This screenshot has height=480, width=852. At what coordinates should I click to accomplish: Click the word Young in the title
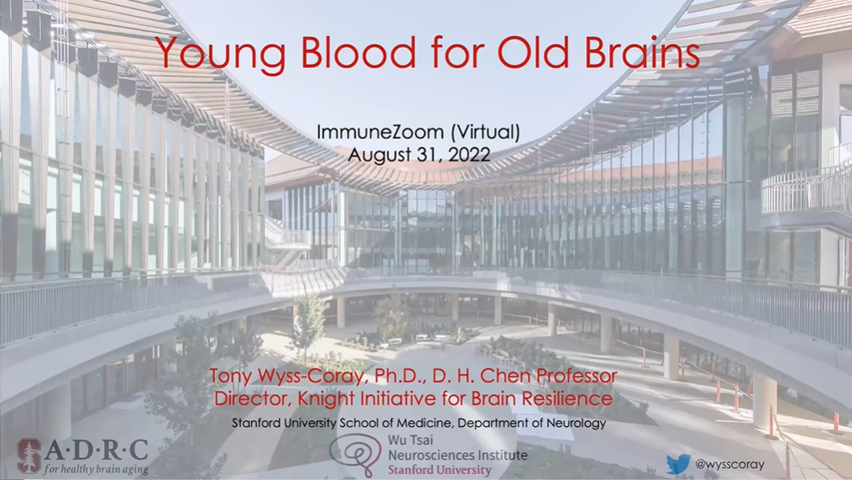221,55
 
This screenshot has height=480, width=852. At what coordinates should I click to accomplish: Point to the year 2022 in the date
470,155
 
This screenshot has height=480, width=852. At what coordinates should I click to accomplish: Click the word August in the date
382,156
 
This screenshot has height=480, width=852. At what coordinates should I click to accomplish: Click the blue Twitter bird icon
679,465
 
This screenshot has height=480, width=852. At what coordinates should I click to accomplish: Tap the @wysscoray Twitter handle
729,465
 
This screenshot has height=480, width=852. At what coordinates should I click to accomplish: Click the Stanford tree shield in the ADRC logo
29,455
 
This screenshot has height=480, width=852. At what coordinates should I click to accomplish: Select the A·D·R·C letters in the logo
97,450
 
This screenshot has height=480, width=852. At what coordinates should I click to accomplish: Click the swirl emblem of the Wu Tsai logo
356,454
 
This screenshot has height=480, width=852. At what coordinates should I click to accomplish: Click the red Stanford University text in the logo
439,470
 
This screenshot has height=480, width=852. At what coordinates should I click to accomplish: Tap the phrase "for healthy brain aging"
96,469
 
